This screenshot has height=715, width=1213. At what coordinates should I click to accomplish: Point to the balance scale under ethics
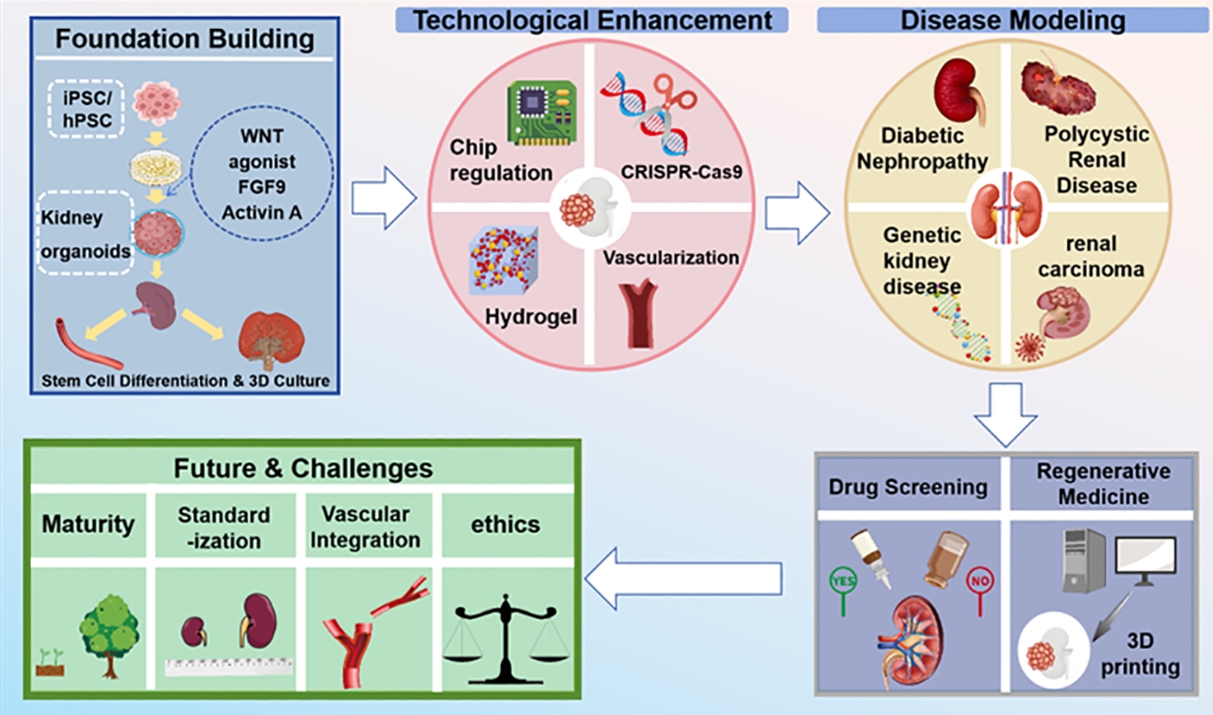(x=506, y=640)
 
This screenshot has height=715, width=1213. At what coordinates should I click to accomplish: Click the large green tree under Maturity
(x=109, y=633)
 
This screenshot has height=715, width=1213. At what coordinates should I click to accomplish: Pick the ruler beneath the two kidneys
(x=229, y=667)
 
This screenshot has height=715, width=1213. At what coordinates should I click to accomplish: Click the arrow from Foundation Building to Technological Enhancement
(x=385, y=197)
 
